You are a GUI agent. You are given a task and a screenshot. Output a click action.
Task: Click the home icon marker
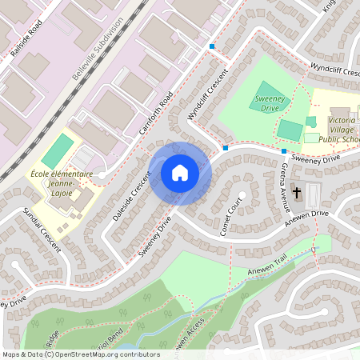click(180, 173)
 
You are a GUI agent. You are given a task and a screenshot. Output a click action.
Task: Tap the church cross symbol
click(297, 192)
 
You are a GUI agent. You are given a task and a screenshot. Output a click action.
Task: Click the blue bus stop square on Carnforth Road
click(212, 46)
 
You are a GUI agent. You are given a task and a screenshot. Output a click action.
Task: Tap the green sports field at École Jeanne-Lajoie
click(57, 150)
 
